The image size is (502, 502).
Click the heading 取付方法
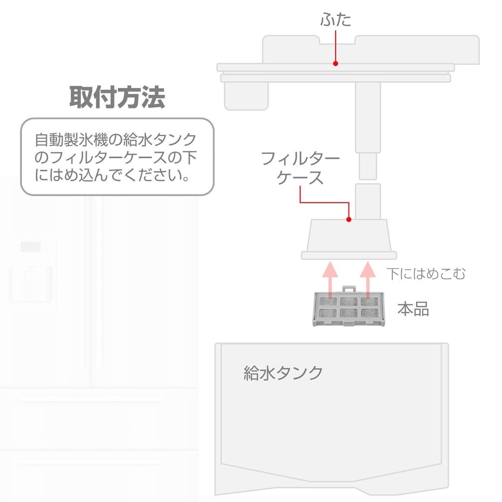[x=117, y=97]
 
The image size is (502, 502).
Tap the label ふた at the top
[x=336, y=20]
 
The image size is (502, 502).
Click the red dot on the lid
[x=336, y=63]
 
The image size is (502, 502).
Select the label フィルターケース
[x=300, y=168]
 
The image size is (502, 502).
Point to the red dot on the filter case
[x=349, y=219]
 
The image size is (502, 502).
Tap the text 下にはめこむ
[x=426, y=274]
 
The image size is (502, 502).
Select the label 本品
[x=413, y=309]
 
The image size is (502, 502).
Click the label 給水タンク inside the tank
[x=284, y=373]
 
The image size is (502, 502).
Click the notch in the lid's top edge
[x=337, y=40]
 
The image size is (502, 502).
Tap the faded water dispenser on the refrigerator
[x=31, y=272]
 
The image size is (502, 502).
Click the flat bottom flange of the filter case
[x=349, y=255]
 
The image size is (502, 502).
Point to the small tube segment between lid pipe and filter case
[x=368, y=166]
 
